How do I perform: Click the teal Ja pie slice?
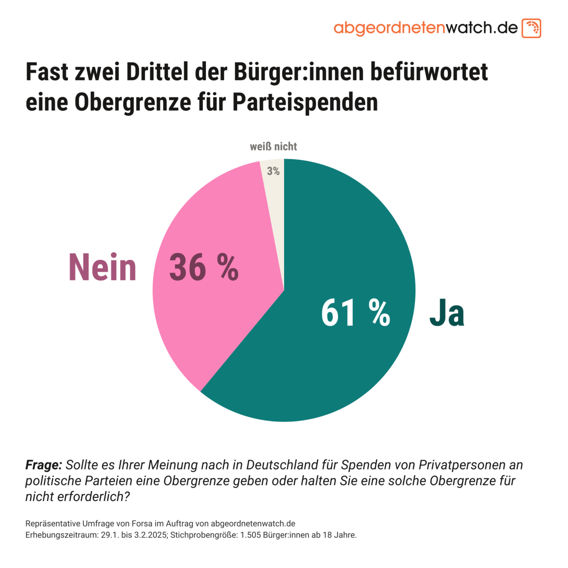click(339, 357)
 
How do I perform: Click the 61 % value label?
click(355, 313)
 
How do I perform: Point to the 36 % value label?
click(204, 267)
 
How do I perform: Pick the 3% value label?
click(273, 171)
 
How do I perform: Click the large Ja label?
click(447, 313)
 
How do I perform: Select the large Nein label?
click(103, 267)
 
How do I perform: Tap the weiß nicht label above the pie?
click(273, 146)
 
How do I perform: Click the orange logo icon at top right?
click(531, 28)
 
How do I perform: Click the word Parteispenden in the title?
click(305, 102)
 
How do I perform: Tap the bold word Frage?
click(44, 465)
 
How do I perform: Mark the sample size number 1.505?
click(250, 535)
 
